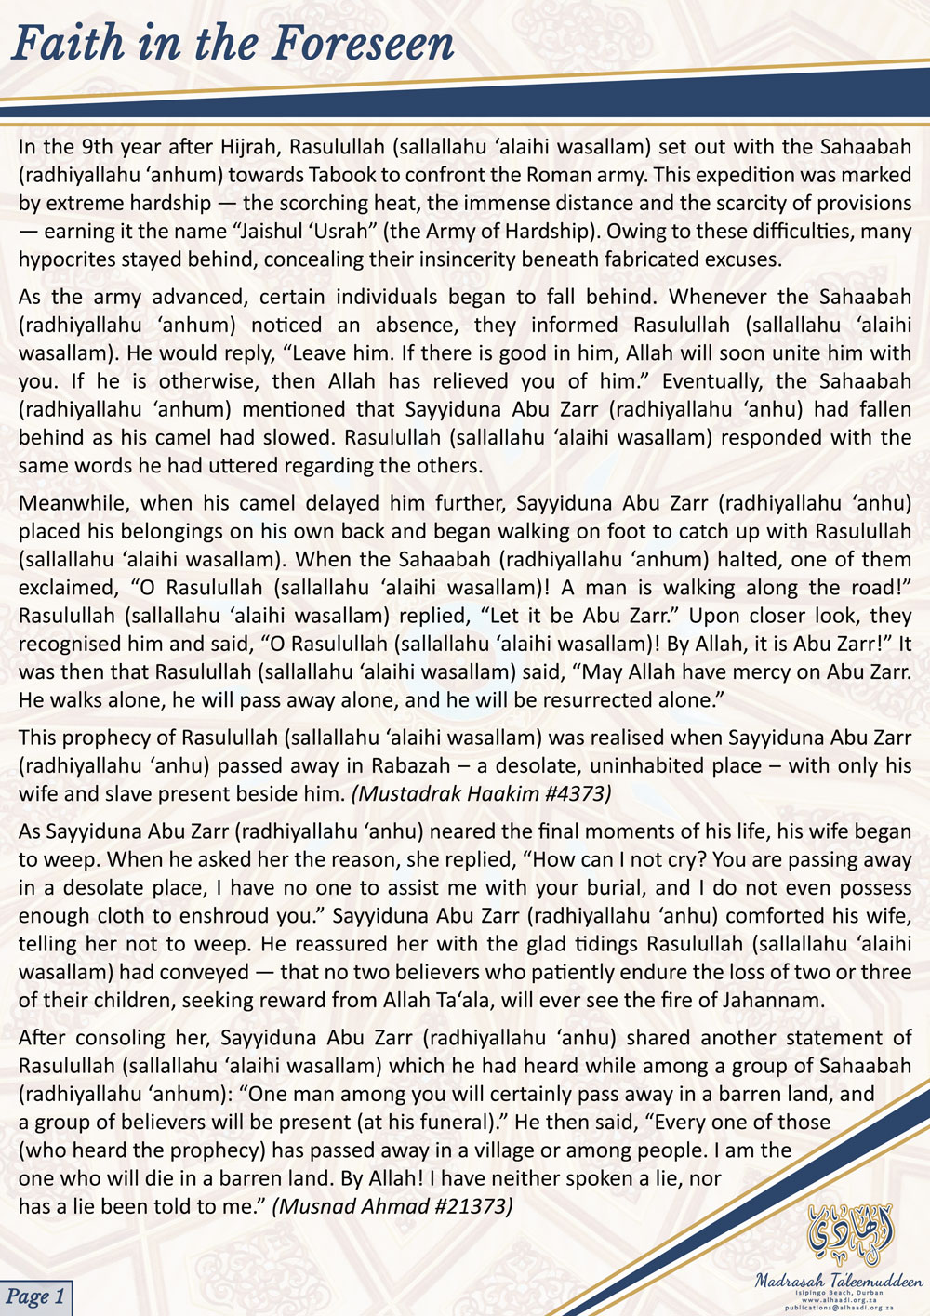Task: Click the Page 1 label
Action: click(x=35, y=1296)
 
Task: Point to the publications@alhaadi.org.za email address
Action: click(x=839, y=1307)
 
